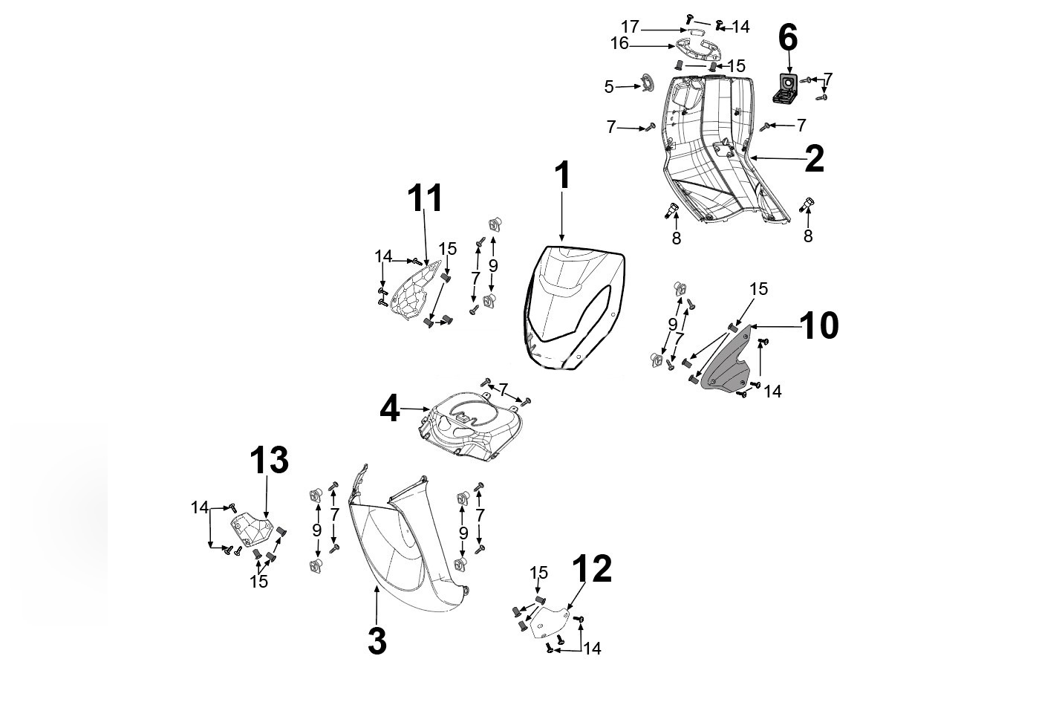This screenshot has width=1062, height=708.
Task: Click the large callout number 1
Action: (562, 176)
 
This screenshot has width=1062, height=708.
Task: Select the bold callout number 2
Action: (814, 159)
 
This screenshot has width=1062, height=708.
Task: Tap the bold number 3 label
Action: (377, 641)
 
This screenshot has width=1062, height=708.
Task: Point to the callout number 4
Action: (390, 409)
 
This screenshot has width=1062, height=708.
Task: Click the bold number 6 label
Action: (787, 37)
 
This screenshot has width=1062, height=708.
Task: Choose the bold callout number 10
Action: (820, 325)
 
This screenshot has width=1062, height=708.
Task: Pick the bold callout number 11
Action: (425, 198)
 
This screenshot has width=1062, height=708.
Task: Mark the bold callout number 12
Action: (592, 569)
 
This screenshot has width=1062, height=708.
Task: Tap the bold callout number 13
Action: (268, 461)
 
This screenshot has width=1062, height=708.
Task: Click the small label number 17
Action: (630, 27)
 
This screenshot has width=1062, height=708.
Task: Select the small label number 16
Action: (619, 45)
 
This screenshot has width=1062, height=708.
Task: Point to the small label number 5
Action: (609, 87)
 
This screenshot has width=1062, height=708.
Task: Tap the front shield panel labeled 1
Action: (572, 305)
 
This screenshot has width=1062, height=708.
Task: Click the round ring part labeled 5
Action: (646, 82)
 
